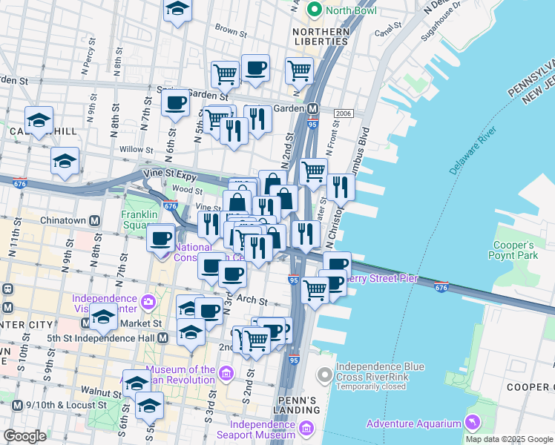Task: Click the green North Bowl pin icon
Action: [x=315, y=10]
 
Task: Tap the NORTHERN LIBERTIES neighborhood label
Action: [x=321, y=37]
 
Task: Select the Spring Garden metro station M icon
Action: [x=313, y=108]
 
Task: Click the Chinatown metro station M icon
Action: [x=94, y=220]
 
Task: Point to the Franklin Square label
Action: [x=140, y=221]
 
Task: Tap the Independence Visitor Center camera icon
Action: [x=149, y=302]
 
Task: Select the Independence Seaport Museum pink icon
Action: [x=304, y=428]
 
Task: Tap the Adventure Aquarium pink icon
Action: [x=470, y=423]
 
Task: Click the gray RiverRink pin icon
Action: [x=324, y=375]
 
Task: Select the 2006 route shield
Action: [x=343, y=113]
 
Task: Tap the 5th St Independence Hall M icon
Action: [x=162, y=337]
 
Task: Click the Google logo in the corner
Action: [x=24, y=436]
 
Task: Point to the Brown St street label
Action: [x=230, y=32]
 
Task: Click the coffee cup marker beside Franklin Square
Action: [x=162, y=239]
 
